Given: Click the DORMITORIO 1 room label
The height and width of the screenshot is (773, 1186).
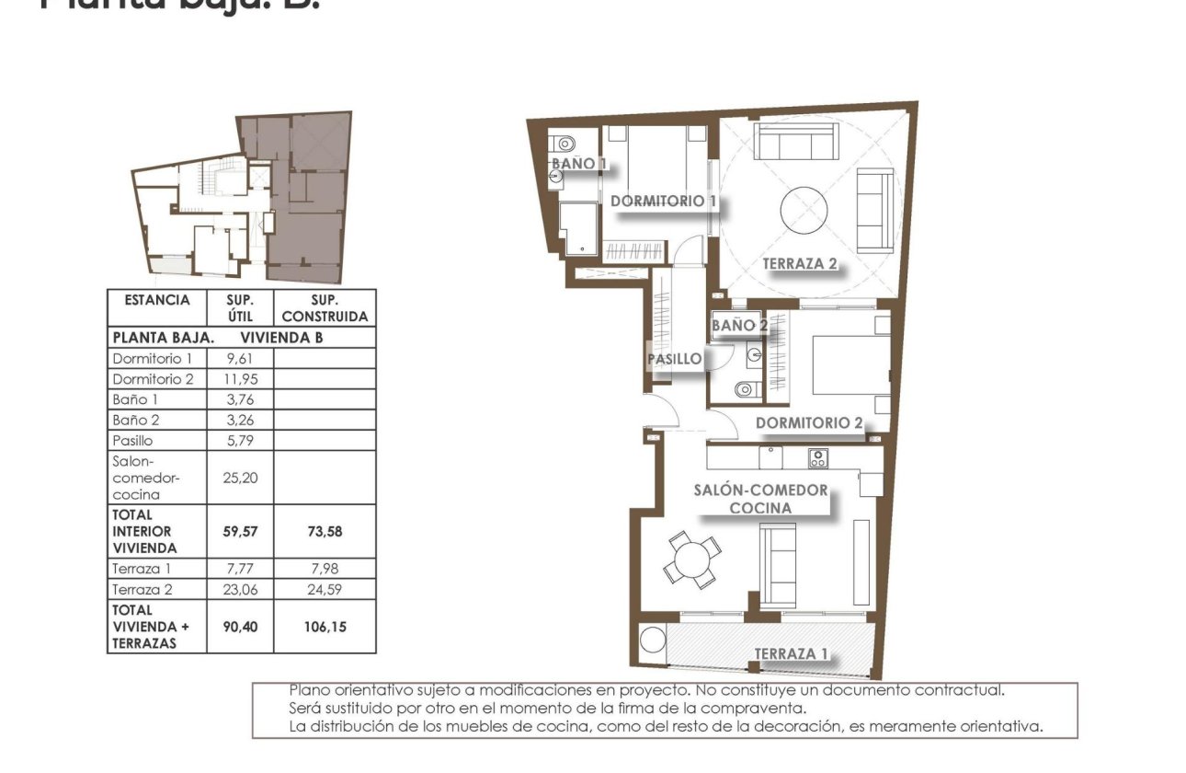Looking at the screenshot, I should [663, 201].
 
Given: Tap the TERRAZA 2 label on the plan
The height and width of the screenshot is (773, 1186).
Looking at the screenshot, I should [800, 263].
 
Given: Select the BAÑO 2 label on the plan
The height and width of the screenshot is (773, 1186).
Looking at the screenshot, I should [739, 326].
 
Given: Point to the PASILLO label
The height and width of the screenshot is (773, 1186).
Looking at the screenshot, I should [675, 359].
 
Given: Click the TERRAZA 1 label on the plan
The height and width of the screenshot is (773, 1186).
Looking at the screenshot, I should [792, 653].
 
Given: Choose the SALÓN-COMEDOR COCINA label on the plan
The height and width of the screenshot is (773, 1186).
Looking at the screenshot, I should [760, 499].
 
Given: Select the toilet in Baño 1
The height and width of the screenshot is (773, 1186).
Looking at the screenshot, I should [564, 144].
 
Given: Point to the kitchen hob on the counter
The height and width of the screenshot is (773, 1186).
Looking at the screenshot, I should [817, 457].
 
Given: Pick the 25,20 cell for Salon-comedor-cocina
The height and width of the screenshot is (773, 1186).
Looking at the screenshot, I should [240, 477].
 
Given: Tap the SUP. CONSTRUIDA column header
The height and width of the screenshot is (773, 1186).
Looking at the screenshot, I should [325, 308].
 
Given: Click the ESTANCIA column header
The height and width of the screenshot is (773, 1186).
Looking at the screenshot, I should [156, 300].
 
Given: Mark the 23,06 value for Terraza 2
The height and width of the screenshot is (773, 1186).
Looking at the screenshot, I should [240, 589].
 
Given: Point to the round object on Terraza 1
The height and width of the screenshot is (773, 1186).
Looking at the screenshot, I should [653, 640].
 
